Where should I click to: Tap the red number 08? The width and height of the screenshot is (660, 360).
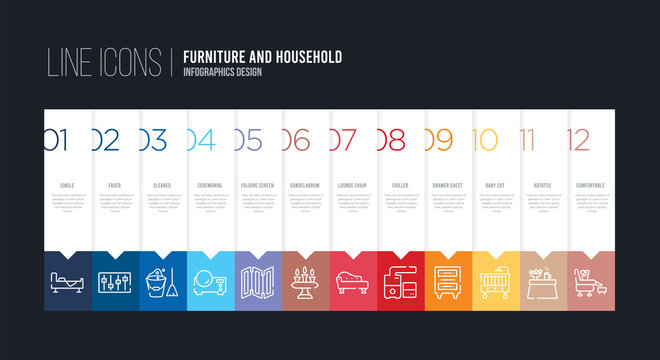[391, 141]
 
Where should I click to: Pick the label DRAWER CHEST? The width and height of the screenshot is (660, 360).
[448, 186]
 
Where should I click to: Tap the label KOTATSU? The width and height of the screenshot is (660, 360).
[544, 186]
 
